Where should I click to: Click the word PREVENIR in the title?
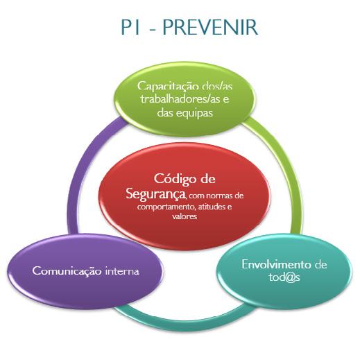click(x=210, y=28)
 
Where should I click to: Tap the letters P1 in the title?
click(x=130, y=28)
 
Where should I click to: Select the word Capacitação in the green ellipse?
click(x=168, y=86)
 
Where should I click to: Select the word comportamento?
click(x=165, y=207)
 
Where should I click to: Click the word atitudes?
click(x=211, y=206)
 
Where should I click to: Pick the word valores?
click(x=185, y=216)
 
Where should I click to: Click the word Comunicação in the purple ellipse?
click(x=67, y=271)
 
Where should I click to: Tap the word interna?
click(x=122, y=270)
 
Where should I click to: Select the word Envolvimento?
click(x=276, y=265)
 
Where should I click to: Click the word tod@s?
click(x=284, y=277)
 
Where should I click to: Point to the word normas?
click(x=218, y=196)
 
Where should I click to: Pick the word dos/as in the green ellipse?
click(x=217, y=86)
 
